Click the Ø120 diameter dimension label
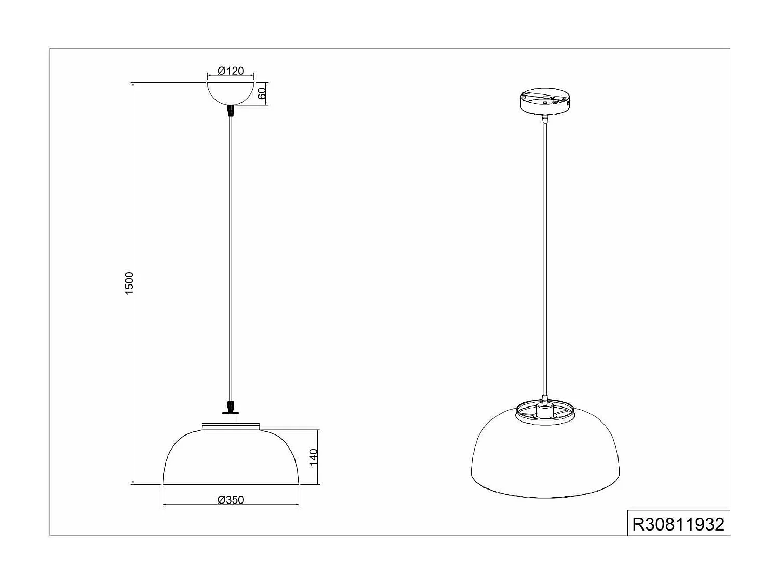231,71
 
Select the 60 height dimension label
262,94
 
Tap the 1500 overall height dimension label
129,283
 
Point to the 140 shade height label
313,457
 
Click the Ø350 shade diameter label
231,500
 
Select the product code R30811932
678,524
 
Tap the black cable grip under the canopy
231,111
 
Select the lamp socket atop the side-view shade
231,418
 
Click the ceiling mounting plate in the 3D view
544,101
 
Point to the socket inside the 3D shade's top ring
544,412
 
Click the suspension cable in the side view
231,260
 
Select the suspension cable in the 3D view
544,260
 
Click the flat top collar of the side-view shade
231,427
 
